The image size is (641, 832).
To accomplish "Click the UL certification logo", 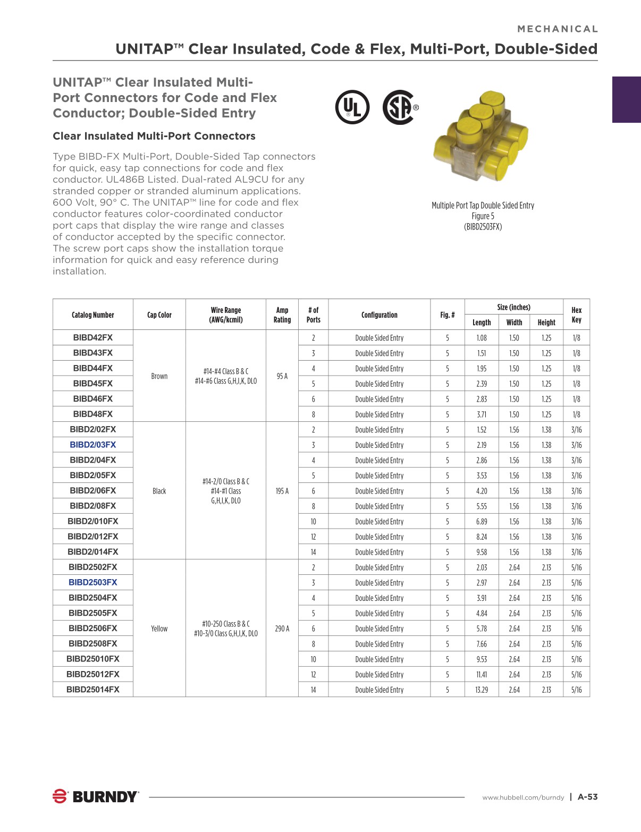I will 352,107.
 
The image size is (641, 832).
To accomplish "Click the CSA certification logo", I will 399,107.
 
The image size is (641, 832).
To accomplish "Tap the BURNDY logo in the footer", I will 96,796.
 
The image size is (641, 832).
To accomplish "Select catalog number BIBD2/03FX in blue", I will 93,445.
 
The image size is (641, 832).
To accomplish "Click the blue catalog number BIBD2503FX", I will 93,582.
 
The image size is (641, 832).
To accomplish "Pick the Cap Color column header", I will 159,315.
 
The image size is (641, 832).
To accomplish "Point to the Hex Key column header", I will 576,315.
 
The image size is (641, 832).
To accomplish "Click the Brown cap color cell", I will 159,376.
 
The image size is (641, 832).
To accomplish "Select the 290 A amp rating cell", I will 282,629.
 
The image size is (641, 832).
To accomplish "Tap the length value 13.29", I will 482,690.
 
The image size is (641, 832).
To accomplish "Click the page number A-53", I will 587,796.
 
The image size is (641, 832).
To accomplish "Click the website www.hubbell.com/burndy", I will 523,797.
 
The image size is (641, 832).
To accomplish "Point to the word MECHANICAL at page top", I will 558,29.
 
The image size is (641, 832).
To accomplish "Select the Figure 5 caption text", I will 483,216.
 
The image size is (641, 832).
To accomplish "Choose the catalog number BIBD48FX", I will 93,414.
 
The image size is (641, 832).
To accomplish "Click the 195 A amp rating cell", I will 282,491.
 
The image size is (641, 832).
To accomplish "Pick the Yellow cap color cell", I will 159,629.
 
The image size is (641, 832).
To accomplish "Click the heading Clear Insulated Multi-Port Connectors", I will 154,136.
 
